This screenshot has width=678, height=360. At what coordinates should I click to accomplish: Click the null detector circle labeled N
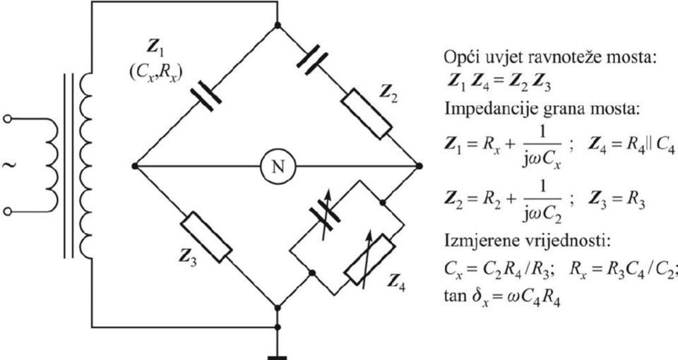click(278, 167)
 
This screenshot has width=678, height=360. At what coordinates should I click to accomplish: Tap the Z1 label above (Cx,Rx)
click(154, 47)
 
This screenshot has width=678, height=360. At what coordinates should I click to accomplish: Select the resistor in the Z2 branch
click(367, 114)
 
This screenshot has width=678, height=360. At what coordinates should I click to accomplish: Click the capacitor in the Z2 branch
click(312, 59)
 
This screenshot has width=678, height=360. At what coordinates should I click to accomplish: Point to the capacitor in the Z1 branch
click(206, 95)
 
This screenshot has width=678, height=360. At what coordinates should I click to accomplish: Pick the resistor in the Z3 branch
click(206, 237)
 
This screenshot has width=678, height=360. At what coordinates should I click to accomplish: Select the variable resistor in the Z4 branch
click(369, 259)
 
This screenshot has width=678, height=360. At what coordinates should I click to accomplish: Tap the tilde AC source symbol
click(8, 165)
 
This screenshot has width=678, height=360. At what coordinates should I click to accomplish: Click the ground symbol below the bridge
click(277, 357)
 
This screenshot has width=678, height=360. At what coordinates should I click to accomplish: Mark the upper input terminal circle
click(7, 119)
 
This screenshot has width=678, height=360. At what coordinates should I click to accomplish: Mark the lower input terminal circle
click(7, 211)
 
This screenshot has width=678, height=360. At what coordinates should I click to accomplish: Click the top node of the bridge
click(278, 25)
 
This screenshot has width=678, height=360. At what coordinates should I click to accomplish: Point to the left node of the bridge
click(135, 166)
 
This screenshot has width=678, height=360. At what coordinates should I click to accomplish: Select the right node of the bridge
click(419, 166)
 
